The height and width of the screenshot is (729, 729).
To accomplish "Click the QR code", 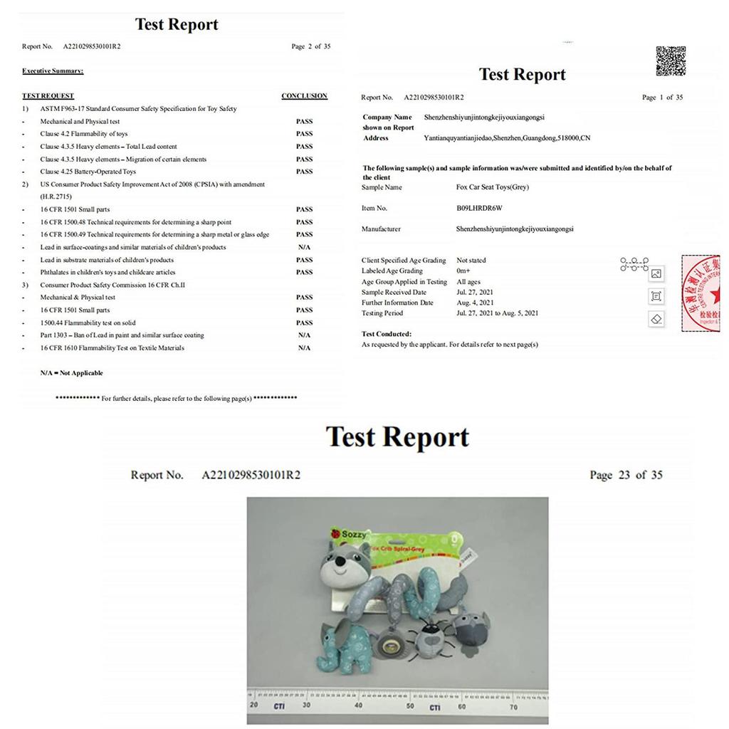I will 670,61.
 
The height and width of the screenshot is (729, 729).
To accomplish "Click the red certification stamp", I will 701,293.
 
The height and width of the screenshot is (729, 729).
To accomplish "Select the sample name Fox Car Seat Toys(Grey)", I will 493,187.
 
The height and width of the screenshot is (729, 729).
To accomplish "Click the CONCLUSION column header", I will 304,96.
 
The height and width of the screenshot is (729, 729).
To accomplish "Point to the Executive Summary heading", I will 53,71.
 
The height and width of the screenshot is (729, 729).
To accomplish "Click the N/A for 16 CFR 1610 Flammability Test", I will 304,348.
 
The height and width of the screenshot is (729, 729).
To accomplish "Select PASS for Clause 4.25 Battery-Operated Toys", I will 304,172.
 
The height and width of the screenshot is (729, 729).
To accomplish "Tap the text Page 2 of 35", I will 310,47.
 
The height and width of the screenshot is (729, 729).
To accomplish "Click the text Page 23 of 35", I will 626,475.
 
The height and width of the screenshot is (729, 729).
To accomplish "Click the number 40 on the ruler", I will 358,706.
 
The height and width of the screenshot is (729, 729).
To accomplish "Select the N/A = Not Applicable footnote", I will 71,373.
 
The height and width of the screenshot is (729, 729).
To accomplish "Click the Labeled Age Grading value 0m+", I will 463,271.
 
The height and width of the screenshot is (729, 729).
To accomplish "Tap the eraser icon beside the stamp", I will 656,319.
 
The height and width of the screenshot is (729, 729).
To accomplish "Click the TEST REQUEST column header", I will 48,96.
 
